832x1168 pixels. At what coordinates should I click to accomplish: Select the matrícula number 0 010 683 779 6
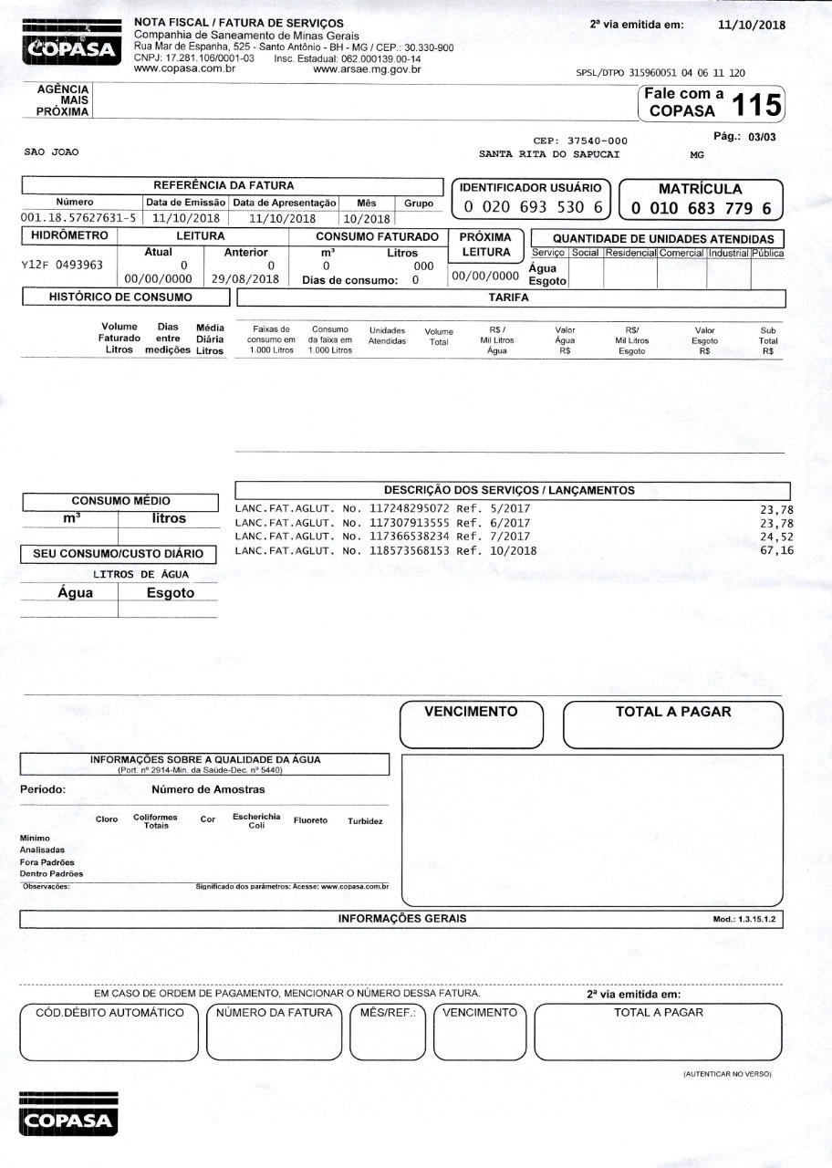pyautogui.click(x=700, y=209)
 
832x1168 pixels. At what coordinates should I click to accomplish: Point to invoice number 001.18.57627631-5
pyautogui.click(x=78, y=218)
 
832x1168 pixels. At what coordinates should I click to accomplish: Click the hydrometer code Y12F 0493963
pyautogui.click(x=62, y=266)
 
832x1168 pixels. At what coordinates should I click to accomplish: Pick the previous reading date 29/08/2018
pyautogui.click(x=245, y=279)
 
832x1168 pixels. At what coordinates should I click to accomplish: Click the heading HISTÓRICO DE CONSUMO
pyautogui.click(x=120, y=297)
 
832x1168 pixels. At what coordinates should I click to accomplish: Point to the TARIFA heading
pyautogui.click(x=509, y=297)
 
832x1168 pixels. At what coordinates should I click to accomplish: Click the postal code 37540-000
pyautogui.click(x=597, y=141)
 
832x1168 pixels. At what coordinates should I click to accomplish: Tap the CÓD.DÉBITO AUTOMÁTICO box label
pyautogui.click(x=109, y=1013)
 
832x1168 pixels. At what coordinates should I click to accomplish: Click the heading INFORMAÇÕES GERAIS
pyautogui.click(x=402, y=919)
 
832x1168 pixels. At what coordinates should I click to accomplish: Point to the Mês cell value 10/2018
pyautogui.click(x=367, y=219)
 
